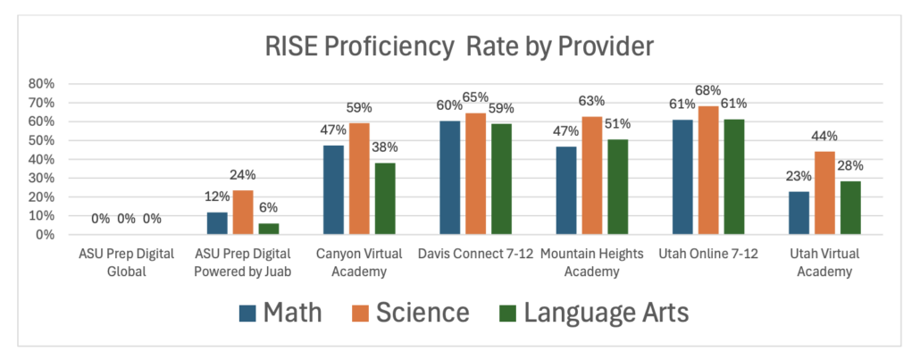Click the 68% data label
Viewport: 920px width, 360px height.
(707, 93)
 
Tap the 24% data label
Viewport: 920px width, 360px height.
(243, 175)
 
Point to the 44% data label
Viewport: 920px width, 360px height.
(823, 137)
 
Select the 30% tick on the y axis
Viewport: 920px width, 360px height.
(41, 178)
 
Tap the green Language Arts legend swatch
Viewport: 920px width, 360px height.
(506, 314)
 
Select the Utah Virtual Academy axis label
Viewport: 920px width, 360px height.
(822, 261)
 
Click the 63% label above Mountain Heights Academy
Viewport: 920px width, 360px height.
(591, 101)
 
